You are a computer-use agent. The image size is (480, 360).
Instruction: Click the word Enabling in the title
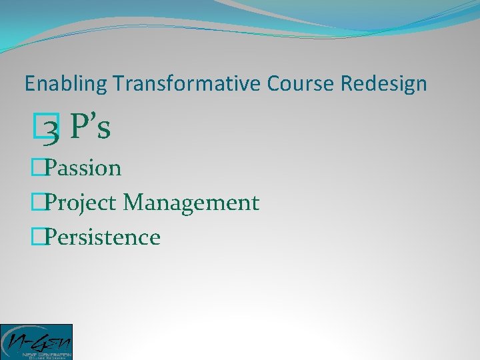(x=66, y=84)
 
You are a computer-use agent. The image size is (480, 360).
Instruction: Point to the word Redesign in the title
(x=384, y=84)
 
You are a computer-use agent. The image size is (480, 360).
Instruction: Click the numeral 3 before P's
(x=54, y=129)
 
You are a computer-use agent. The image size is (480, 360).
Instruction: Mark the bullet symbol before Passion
(x=37, y=168)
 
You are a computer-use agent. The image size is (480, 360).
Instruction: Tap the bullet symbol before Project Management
(x=37, y=203)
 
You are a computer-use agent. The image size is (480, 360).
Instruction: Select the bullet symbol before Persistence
(x=37, y=237)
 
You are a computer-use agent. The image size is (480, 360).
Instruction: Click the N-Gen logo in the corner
(x=36, y=341)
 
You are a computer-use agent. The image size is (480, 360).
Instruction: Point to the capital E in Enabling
(x=29, y=84)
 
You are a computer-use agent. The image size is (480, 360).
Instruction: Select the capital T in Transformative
(x=118, y=84)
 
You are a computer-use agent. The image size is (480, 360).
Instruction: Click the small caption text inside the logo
(x=47, y=354)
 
